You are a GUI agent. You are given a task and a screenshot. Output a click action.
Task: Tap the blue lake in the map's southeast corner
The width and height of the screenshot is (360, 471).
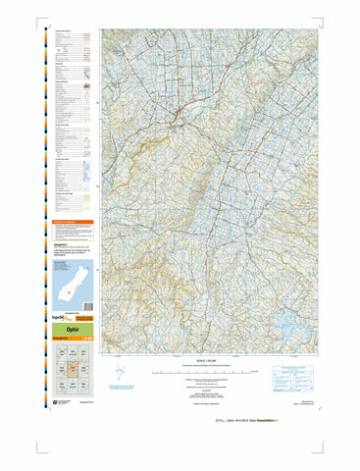coord(286,319)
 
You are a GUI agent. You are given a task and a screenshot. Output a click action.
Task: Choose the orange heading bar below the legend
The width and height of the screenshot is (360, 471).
coord(72,223)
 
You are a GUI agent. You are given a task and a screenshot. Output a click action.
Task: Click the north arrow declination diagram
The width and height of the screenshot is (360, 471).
coord(120,374)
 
